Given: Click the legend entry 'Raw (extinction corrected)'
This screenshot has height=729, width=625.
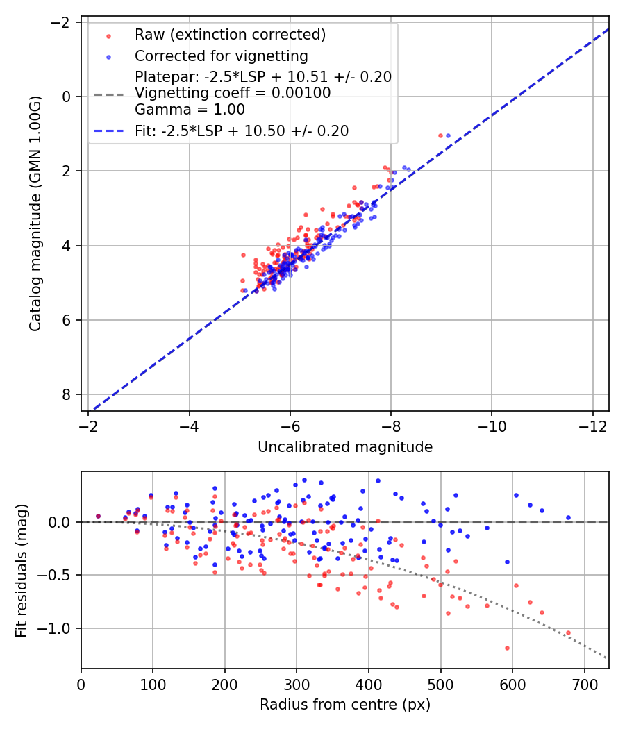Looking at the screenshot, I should pyautogui.click(x=230, y=35).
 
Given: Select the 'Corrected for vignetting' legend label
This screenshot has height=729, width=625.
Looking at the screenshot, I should pyautogui.click(x=221, y=56).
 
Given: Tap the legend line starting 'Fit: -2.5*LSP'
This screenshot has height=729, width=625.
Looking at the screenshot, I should pyautogui.click(x=242, y=131).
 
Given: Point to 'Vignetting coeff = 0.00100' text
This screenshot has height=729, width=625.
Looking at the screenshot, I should pyautogui.click(x=233, y=93).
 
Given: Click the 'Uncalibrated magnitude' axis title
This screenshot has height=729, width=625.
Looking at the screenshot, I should pyautogui.click(x=345, y=447).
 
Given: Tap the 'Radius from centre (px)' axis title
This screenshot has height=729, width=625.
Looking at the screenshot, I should pyautogui.click(x=345, y=705).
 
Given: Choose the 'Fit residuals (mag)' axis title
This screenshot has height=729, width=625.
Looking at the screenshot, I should pyautogui.click(x=21, y=570).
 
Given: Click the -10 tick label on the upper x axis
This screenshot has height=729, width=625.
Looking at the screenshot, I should pyautogui.click(x=492, y=424).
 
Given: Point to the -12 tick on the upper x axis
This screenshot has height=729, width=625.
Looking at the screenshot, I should pyautogui.click(x=592, y=424).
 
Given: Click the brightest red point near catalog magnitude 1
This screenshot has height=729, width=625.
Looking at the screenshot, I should pyautogui.click(x=440, y=135).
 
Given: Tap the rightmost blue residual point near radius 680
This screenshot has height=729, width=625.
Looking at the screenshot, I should pyautogui.click(x=568, y=517).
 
